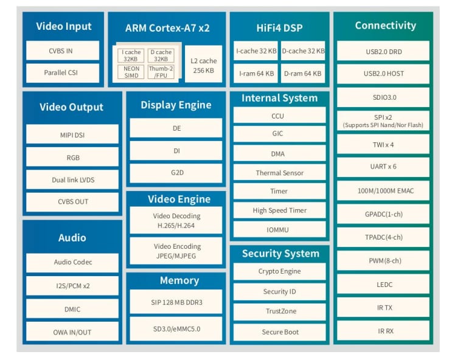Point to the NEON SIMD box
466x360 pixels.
[131, 73]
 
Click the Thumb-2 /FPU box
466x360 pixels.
[161, 73]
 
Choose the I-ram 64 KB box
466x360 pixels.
[255, 74]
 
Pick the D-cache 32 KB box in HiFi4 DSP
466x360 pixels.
[303, 52]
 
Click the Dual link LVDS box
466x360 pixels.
[72, 180]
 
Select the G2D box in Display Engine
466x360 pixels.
[176, 173]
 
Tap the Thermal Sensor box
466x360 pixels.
[279, 173]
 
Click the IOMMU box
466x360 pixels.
[279, 230]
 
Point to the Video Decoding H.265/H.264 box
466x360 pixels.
[176, 220]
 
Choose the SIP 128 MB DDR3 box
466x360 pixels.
[176, 302]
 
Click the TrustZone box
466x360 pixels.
[279, 311]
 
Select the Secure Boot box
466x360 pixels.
[279, 332]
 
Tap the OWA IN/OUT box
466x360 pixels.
[72, 332]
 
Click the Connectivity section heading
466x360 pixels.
[385, 26]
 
